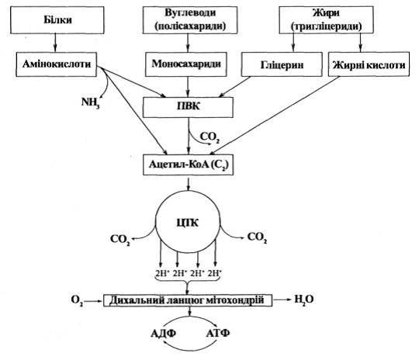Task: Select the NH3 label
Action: tap(90, 102)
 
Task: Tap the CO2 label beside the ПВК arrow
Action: tap(209, 137)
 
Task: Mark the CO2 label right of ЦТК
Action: tap(257, 237)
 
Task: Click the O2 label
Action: tap(77, 300)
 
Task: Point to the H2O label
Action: tap(304, 299)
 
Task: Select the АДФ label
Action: tap(163, 334)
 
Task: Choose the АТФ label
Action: tap(218, 334)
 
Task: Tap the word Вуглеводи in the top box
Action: tap(190, 13)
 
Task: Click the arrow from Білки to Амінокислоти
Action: tap(55, 43)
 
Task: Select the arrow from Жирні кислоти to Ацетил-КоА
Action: tap(275, 116)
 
